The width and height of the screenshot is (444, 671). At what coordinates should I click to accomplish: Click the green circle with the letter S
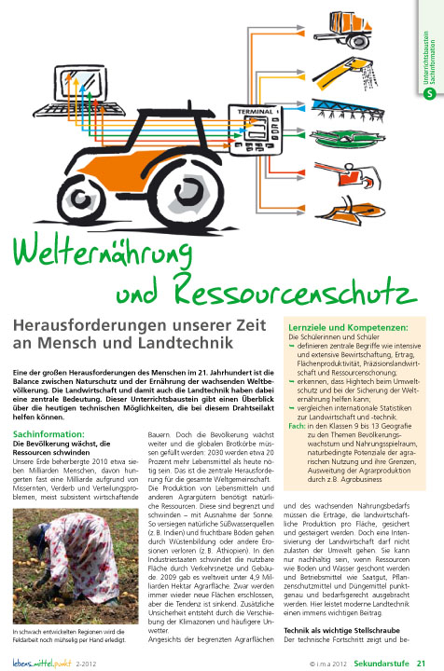point(429,93)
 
